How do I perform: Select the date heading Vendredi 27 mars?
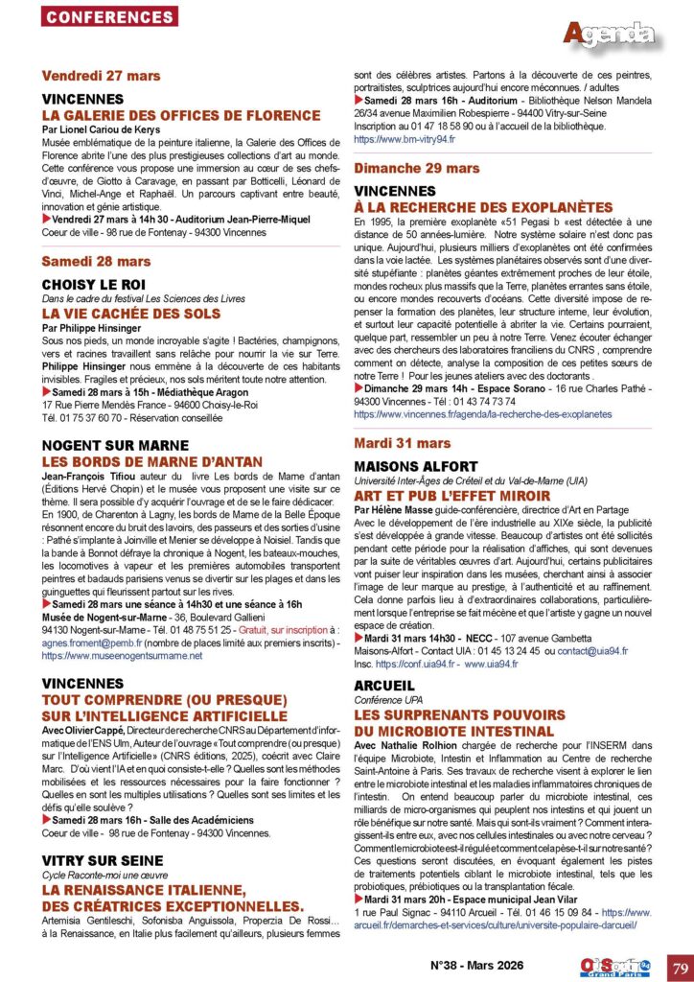pos(102,76)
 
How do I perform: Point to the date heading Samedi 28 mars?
pos(97,261)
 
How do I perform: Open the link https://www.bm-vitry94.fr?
pos(405,139)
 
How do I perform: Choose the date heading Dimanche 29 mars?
pos(417,168)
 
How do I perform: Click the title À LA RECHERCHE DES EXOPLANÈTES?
pos(483,206)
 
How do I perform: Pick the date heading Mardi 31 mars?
pos(403,443)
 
